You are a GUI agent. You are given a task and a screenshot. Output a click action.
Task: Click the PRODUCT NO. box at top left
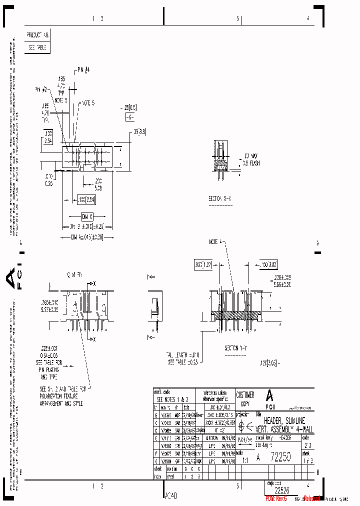coord(38,35)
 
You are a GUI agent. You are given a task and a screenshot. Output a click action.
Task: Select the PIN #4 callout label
coord(83,69)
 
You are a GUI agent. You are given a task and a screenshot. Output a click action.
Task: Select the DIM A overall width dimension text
coord(87,237)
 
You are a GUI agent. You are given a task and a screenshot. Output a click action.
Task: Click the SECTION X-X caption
coord(220,198)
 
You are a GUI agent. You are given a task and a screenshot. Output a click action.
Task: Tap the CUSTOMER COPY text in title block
coord(245,398)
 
